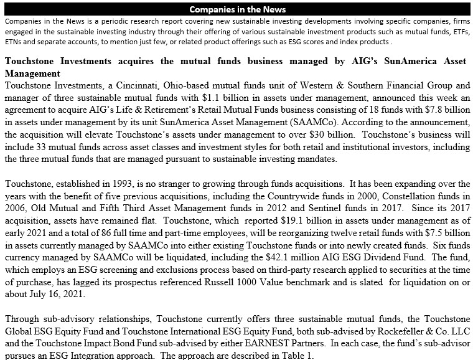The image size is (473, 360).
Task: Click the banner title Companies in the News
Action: (237, 9)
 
